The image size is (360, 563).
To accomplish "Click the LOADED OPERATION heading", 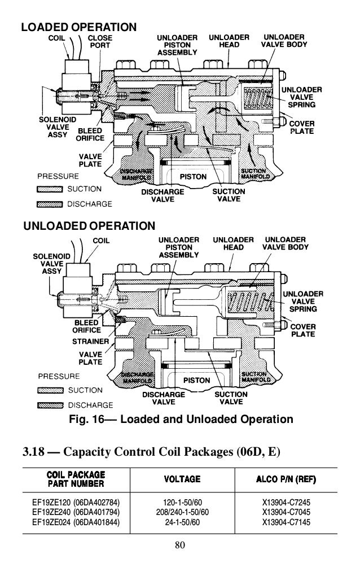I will coord(78,27).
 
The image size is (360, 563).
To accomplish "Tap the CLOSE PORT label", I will coord(102,42).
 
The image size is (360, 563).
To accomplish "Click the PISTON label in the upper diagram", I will coord(193,177).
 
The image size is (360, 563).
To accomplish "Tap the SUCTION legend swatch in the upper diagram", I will coord(50,189).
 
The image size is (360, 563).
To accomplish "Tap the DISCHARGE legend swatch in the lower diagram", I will coord(50,405).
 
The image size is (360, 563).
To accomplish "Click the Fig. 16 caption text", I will coord(180,420).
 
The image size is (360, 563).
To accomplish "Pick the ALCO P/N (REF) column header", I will coord(285,479).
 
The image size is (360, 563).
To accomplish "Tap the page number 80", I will coord(180,547).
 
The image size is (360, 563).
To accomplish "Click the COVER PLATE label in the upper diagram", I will coord(302,127).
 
